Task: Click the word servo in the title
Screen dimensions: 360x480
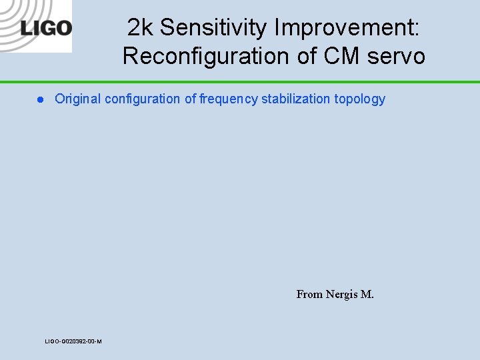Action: coord(398,57)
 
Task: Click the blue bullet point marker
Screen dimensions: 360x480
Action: coord(40,99)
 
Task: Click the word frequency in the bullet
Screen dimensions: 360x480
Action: coord(229,99)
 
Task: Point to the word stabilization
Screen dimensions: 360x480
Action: coord(296,99)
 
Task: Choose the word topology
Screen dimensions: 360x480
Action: coord(360,99)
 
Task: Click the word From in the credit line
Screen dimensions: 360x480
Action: coord(309,294)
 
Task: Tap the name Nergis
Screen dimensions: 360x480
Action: coord(341,294)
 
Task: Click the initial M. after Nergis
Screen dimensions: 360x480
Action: coord(367,294)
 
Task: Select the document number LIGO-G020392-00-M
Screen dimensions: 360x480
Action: coord(73,341)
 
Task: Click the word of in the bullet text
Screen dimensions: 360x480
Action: coord(190,99)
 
